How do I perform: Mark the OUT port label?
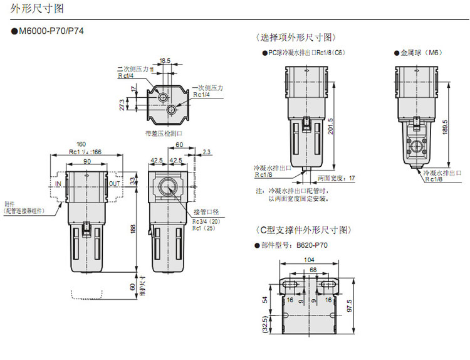(113, 184)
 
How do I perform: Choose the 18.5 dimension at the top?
(165, 61)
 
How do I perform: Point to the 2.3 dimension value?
(207, 152)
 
